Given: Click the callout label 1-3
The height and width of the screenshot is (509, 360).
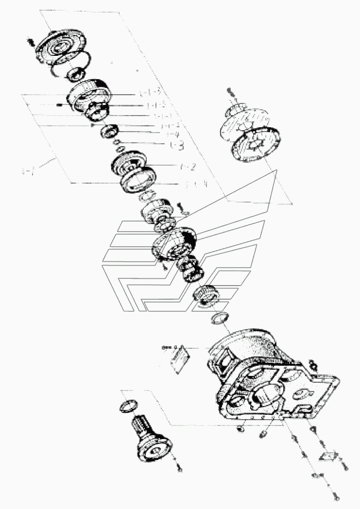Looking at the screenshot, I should (176, 145).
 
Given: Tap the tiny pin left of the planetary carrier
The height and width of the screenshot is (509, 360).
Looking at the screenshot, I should (59, 104).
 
